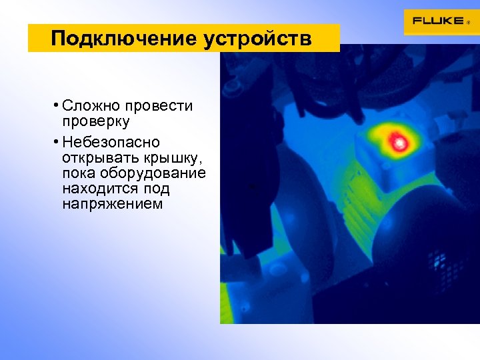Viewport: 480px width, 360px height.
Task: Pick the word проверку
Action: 95,122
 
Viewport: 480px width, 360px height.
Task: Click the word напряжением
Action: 111,205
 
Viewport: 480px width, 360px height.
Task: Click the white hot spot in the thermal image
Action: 399,141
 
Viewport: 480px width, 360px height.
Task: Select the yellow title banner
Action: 183,38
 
